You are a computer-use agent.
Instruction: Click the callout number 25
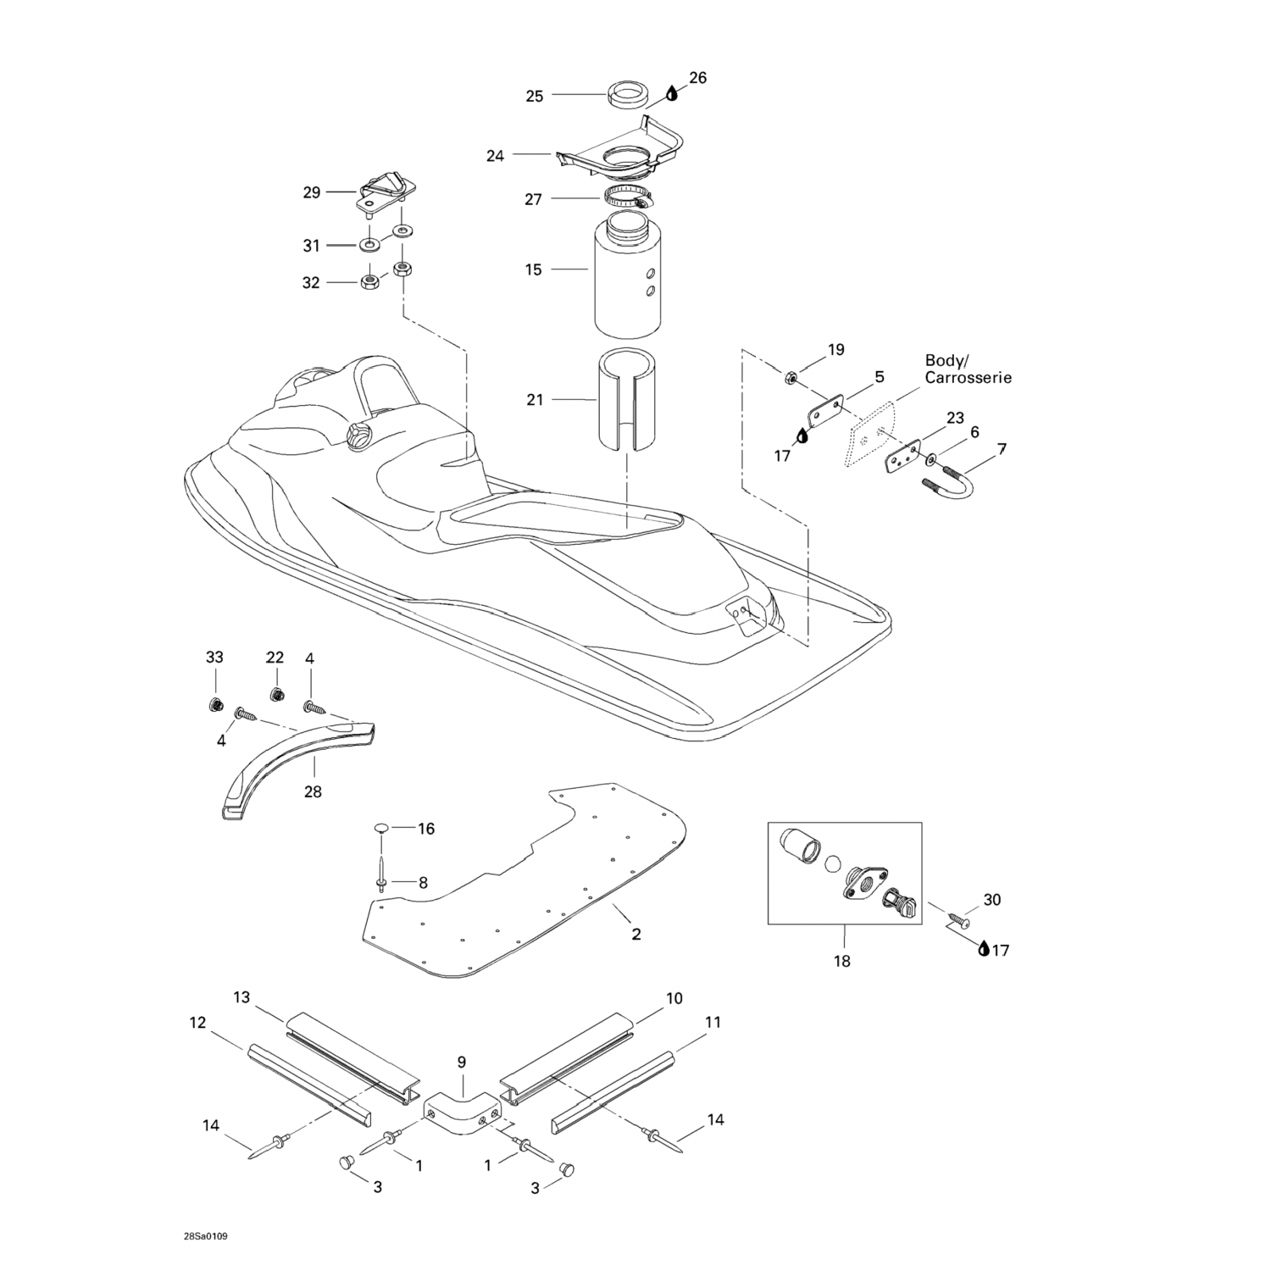click(x=534, y=96)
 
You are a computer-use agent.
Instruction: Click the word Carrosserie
click(x=968, y=378)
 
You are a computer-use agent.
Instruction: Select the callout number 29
click(x=312, y=192)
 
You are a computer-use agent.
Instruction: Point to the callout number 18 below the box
click(x=842, y=961)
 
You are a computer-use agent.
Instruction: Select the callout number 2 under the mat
click(x=635, y=935)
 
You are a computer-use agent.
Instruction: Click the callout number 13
click(x=241, y=997)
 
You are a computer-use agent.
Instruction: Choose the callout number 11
click(x=713, y=1022)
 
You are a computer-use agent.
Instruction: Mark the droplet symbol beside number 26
click(x=673, y=92)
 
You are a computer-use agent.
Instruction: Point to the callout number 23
click(x=955, y=418)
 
